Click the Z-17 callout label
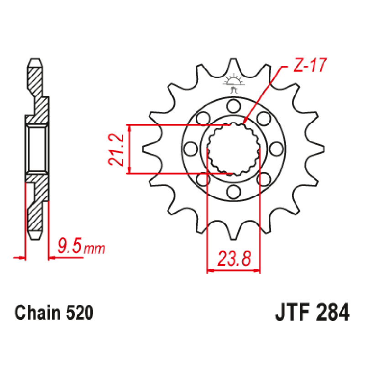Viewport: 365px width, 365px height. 308,67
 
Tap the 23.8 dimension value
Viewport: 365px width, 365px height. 234,259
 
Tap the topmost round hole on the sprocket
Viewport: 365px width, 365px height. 234,107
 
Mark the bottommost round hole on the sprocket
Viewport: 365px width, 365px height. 234,190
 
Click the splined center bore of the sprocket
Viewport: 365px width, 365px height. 234,149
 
